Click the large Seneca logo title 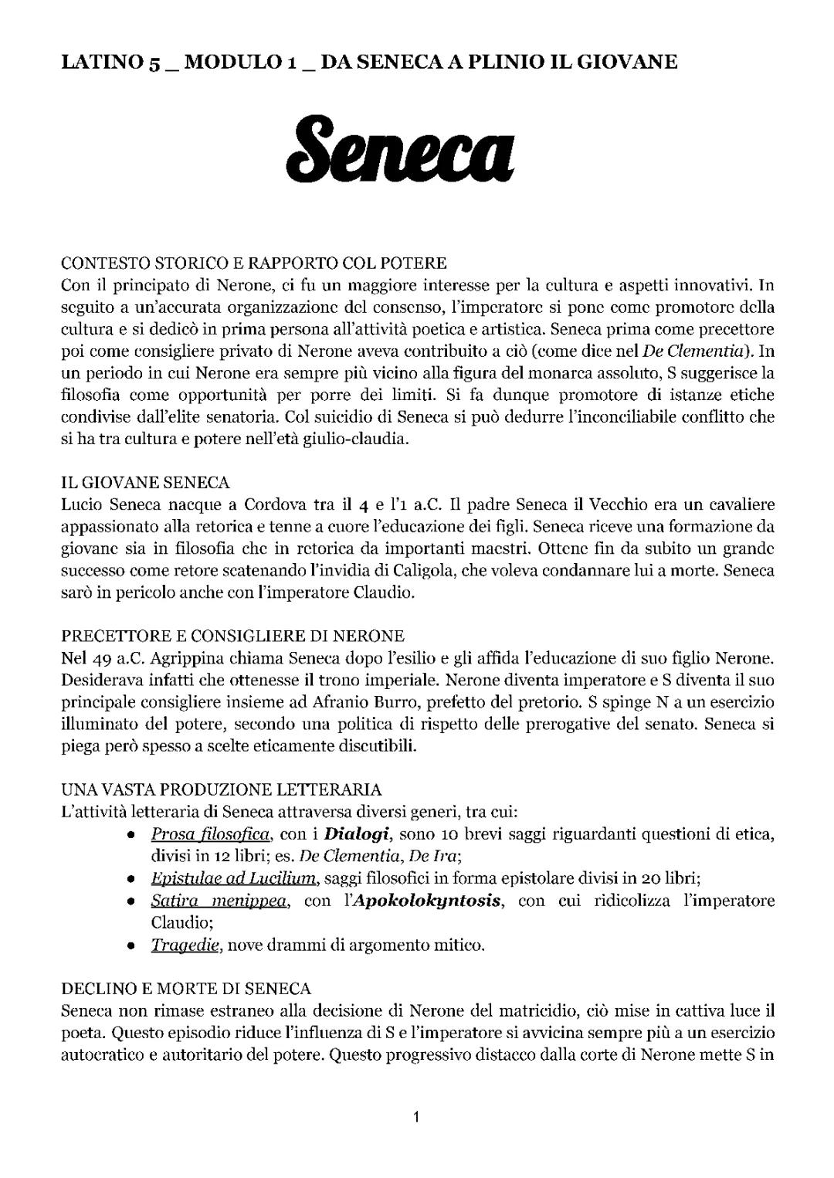pyautogui.click(x=400, y=145)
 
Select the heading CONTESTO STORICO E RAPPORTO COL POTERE pyautogui.click(x=254, y=263)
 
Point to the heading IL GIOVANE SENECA pyautogui.click(x=145, y=484)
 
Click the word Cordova pyautogui.click(x=278, y=506)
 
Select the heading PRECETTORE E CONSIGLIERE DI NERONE pyautogui.click(x=232, y=637)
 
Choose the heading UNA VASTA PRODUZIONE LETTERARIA pyautogui.click(x=221, y=789)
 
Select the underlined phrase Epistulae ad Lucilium pyautogui.click(x=234, y=878)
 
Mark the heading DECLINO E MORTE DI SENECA pyautogui.click(x=186, y=989)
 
